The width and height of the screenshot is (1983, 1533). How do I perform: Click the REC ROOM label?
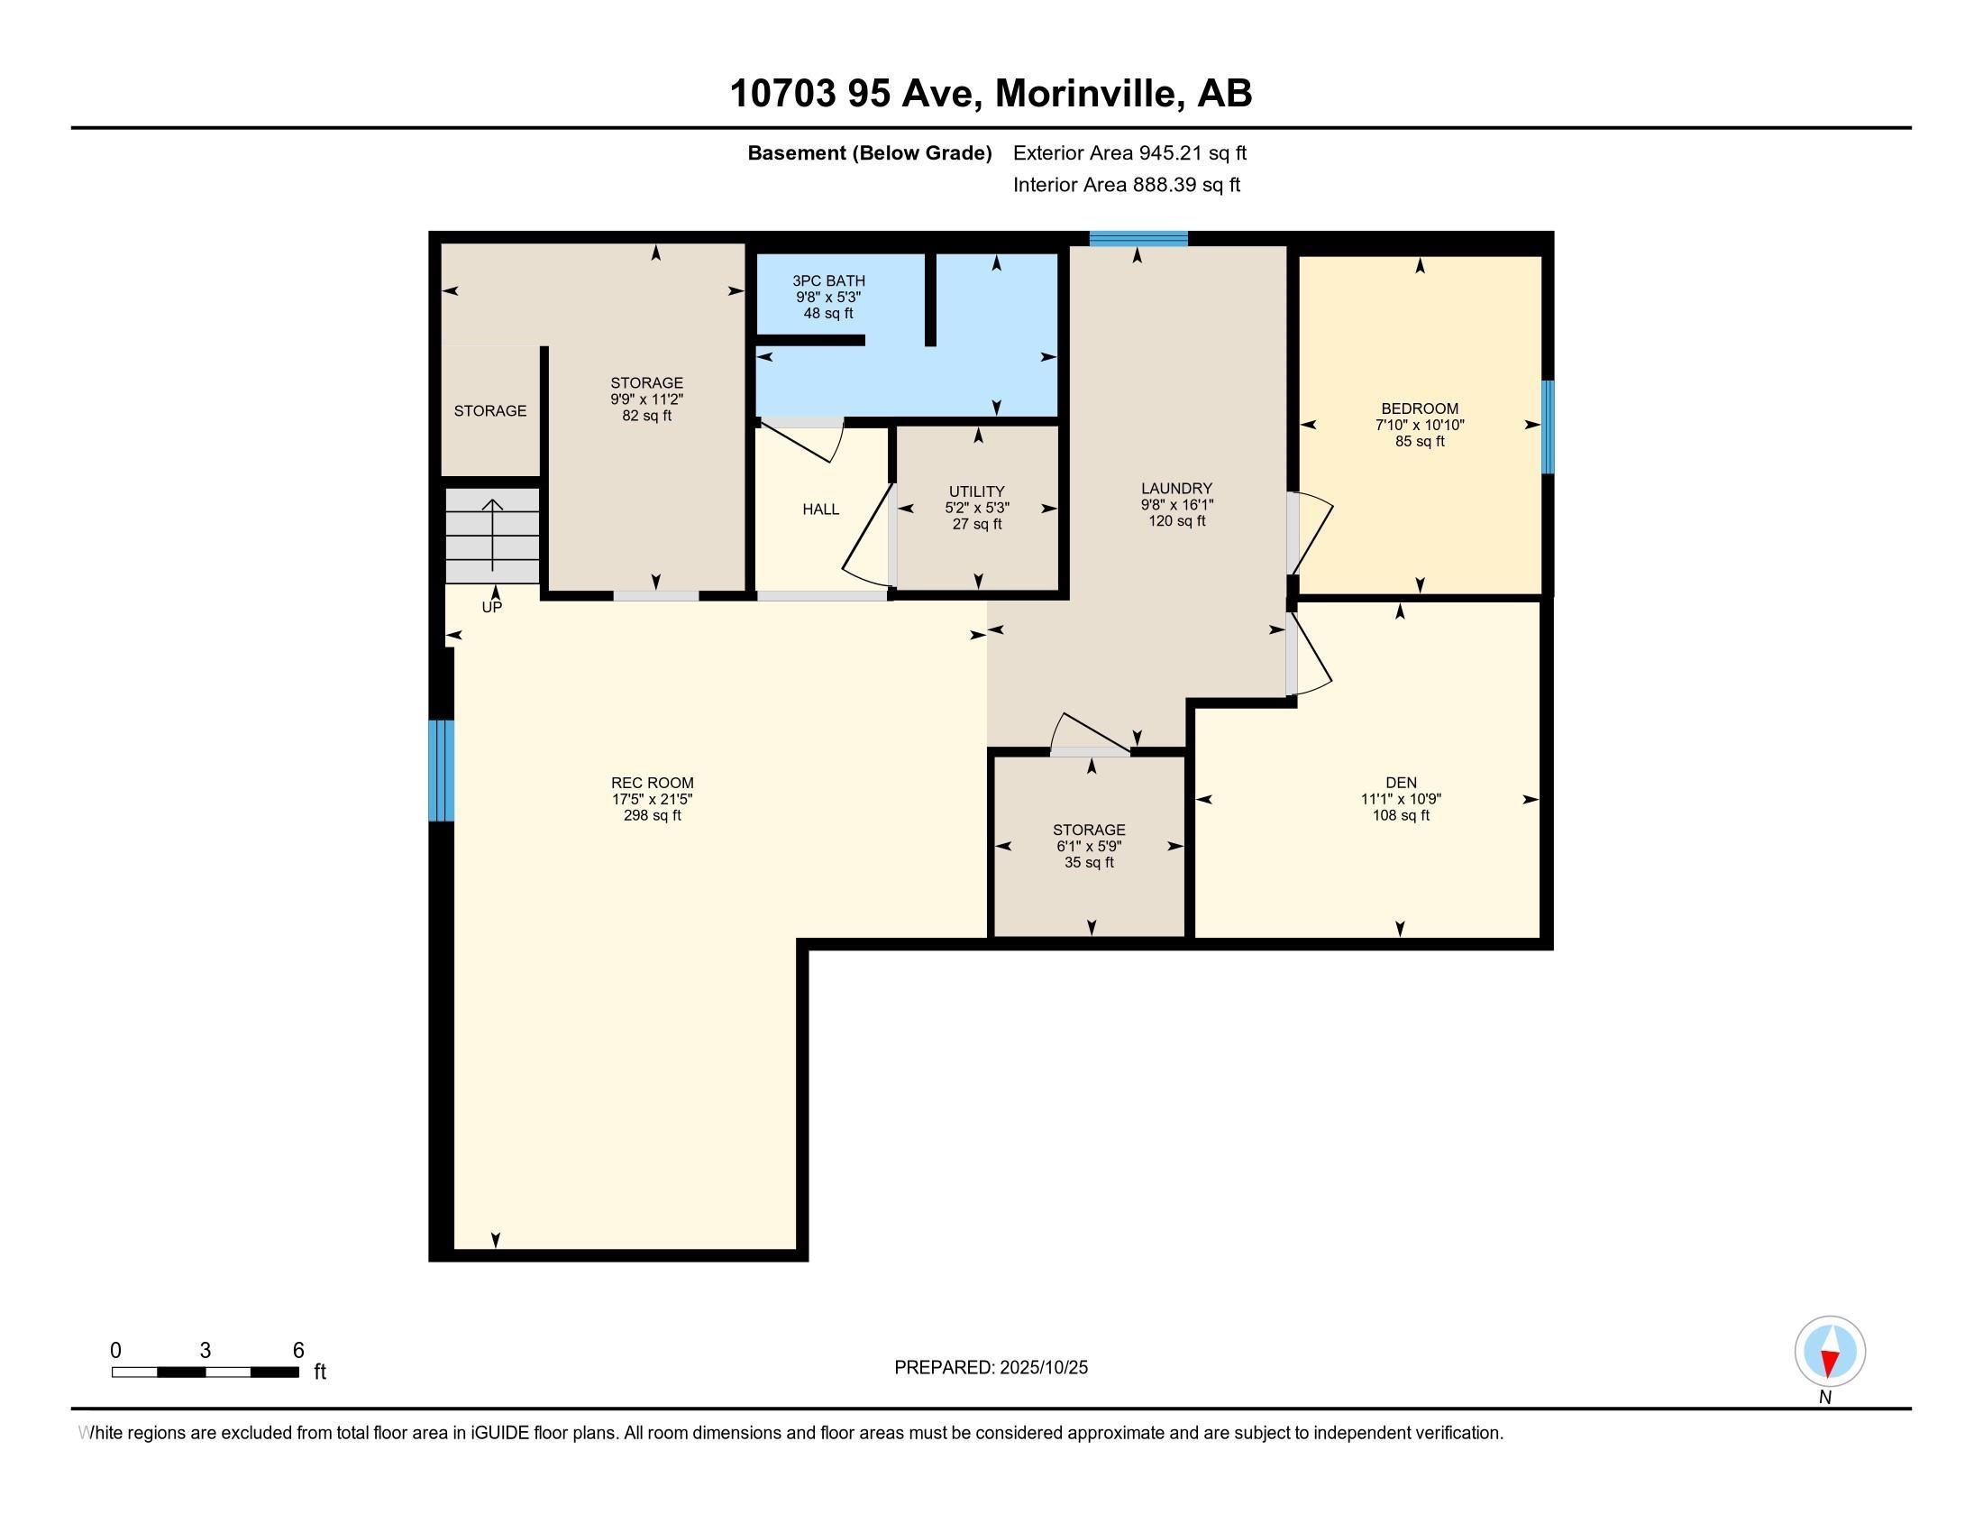tap(652, 783)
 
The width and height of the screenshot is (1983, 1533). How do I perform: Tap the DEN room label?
tap(1400, 783)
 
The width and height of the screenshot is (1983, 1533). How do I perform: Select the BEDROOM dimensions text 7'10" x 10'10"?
tap(1419, 425)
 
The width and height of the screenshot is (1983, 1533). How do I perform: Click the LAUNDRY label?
tap(1176, 489)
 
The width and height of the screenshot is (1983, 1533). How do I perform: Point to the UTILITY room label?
tap(977, 492)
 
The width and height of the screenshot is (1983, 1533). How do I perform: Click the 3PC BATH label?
tap(828, 281)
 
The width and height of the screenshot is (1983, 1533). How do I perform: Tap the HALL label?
tap(820, 509)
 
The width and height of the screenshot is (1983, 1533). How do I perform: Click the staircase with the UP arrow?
tap(492, 536)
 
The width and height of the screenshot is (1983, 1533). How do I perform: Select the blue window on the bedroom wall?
tap(1547, 427)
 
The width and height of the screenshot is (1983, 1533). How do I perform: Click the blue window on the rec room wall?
tap(442, 770)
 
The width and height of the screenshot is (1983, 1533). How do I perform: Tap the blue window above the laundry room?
tap(1138, 239)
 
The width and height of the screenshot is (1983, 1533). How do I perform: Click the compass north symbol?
tap(1830, 1352)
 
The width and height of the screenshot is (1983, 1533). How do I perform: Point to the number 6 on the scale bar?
tap(297, 1351)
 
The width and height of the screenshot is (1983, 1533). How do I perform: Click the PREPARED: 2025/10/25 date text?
tap(991, 1368)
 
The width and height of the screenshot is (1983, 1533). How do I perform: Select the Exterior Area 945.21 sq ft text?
tap(1129, 153)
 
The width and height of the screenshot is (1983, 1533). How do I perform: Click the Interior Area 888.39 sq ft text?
tap(1126, 185)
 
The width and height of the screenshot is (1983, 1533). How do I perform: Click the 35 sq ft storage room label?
tap(1089, 863)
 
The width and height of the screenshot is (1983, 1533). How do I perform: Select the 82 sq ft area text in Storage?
tap(646, 416)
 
